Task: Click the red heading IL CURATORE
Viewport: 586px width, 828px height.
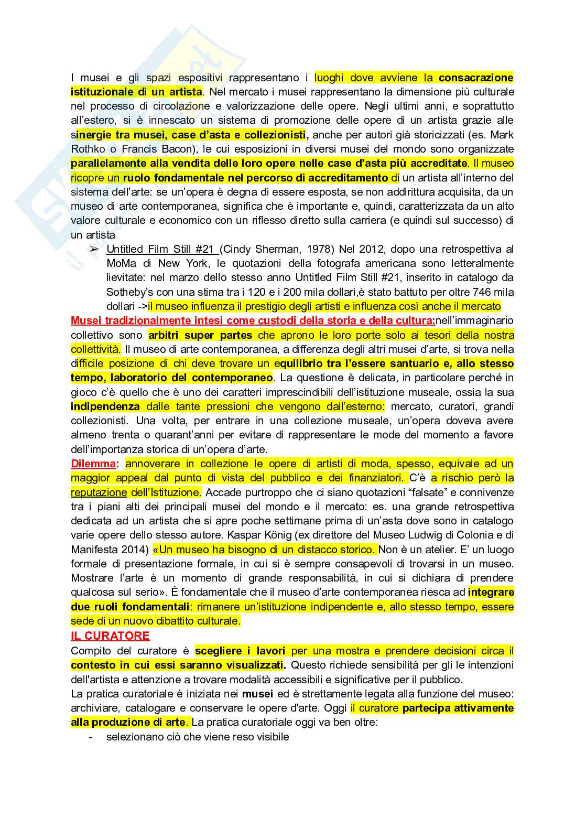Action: click(110, 636)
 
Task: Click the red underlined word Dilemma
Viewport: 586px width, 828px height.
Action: click(93, 464)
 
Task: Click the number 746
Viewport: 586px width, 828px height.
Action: click(484, 292)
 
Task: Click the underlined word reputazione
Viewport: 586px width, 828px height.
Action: click(99, 492)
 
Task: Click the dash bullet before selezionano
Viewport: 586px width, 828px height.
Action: click(91, 737)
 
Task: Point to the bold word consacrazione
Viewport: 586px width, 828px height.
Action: click(476, 78)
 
